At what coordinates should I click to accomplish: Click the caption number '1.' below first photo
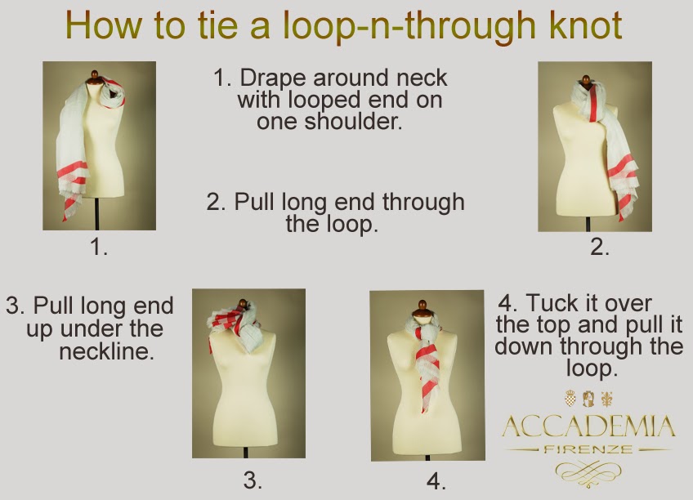click(98, 246)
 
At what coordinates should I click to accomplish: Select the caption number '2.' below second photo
click(600, 247)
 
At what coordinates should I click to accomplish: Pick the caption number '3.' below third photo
click(253, 480)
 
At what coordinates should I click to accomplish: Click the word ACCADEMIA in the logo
click(588, 426)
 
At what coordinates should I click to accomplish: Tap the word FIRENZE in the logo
click(588, 450)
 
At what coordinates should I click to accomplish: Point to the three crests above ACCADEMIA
click(588, 400)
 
